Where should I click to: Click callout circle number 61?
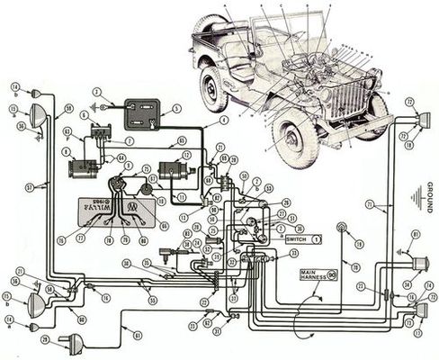[x=138, y=335]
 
